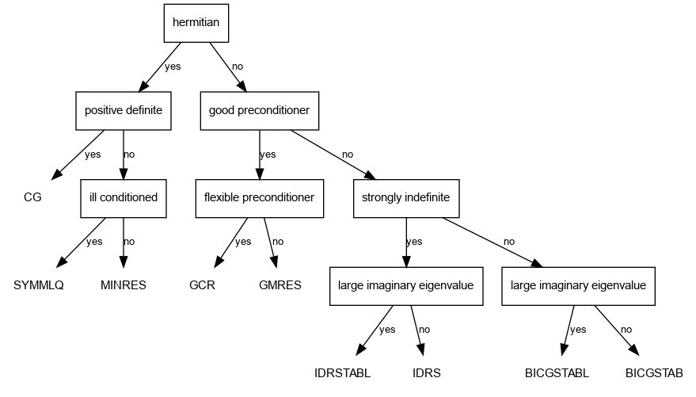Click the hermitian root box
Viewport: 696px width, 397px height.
click(x=196, y=23)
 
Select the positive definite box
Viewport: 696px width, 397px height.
click(x=123, y=110)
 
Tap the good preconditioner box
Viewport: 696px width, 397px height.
click(x=259, y=110)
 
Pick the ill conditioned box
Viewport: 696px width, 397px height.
click(x=123, y=197)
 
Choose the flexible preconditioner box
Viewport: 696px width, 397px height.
click(x=259, y=197)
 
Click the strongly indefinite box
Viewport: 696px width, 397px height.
click(x=406, y=197)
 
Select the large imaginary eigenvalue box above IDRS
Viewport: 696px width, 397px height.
click(x=406, y=285)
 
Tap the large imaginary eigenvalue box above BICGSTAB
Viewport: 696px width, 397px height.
click(x=578, y=285)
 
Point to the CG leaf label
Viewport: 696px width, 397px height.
click(x=32, y=197)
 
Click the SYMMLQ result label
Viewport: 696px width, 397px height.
click(x=38, y=285)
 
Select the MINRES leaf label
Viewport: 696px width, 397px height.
click(x=123, y=285)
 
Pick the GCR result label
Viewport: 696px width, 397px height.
click(x=202, y=285)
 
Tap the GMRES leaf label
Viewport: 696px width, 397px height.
click(x=280, y=285)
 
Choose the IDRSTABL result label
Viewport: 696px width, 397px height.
click(x=342, y=372)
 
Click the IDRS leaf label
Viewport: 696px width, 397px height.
click(x=426, y=372)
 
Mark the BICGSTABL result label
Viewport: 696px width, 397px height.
click(x=557, y=372)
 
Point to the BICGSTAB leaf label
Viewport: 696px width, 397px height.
click(x=654, y=372)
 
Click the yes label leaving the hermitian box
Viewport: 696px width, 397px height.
click(x=173, y=67)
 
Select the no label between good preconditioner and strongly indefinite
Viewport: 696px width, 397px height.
click(x=348, y=154)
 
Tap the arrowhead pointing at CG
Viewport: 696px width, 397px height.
click(x=58, y=174)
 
